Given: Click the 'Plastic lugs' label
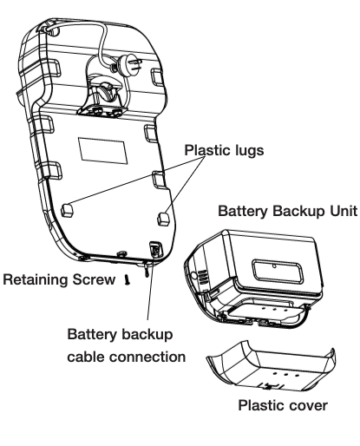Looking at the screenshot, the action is (224, 150).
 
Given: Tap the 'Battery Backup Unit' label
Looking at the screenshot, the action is (288, 211).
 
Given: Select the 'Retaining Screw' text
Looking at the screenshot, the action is (59, 279).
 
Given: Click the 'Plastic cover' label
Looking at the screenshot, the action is (283, 405).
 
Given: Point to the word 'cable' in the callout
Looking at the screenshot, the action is (86, 357).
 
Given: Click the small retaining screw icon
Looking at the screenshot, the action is (127, 280).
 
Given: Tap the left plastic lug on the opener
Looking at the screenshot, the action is (67, 210).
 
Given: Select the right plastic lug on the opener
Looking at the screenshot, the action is (164, 220).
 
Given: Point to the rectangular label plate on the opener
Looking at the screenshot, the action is (102, 150).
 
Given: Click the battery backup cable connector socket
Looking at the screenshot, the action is (155, 249).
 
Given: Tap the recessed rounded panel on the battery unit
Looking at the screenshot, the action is (278, 272).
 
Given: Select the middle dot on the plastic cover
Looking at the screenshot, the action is (285, 375).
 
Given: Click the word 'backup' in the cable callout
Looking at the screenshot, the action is (147, 334).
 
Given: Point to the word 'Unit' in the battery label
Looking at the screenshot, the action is (344, 211).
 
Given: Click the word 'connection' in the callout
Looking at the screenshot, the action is (147, 357).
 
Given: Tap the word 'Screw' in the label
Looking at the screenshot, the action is (94, 279).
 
